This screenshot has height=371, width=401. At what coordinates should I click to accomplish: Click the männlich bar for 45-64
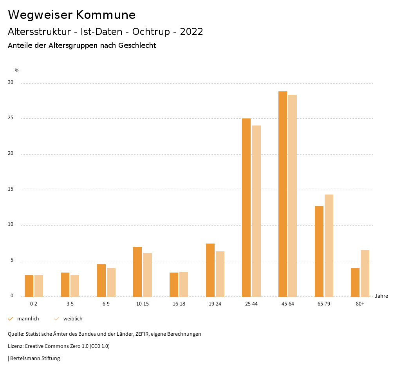283,194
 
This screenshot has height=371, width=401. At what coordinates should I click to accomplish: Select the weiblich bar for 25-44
256,211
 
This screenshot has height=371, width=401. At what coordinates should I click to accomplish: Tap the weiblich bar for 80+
365,273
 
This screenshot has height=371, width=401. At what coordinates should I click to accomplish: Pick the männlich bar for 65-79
319,251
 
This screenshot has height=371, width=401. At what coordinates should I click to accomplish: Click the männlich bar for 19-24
210,270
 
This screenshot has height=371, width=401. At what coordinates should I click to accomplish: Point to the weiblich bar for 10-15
148,275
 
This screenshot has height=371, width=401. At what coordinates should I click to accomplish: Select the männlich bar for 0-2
29,286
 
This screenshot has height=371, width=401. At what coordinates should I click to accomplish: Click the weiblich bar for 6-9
111,282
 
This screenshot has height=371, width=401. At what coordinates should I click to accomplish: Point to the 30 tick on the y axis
11,83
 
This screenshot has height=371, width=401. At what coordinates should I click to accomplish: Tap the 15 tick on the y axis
11,189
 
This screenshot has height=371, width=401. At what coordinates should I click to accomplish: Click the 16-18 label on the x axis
179,304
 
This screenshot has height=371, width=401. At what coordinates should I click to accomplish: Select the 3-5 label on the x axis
70,304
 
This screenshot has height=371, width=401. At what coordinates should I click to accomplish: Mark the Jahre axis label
381,296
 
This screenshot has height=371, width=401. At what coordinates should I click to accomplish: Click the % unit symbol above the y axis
17,71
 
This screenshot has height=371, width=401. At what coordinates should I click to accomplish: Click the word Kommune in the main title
106,15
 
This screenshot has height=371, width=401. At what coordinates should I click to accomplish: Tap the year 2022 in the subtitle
191,32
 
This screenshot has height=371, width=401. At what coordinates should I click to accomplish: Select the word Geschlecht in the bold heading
137,45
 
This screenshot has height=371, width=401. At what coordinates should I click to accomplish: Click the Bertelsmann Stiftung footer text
35,358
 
